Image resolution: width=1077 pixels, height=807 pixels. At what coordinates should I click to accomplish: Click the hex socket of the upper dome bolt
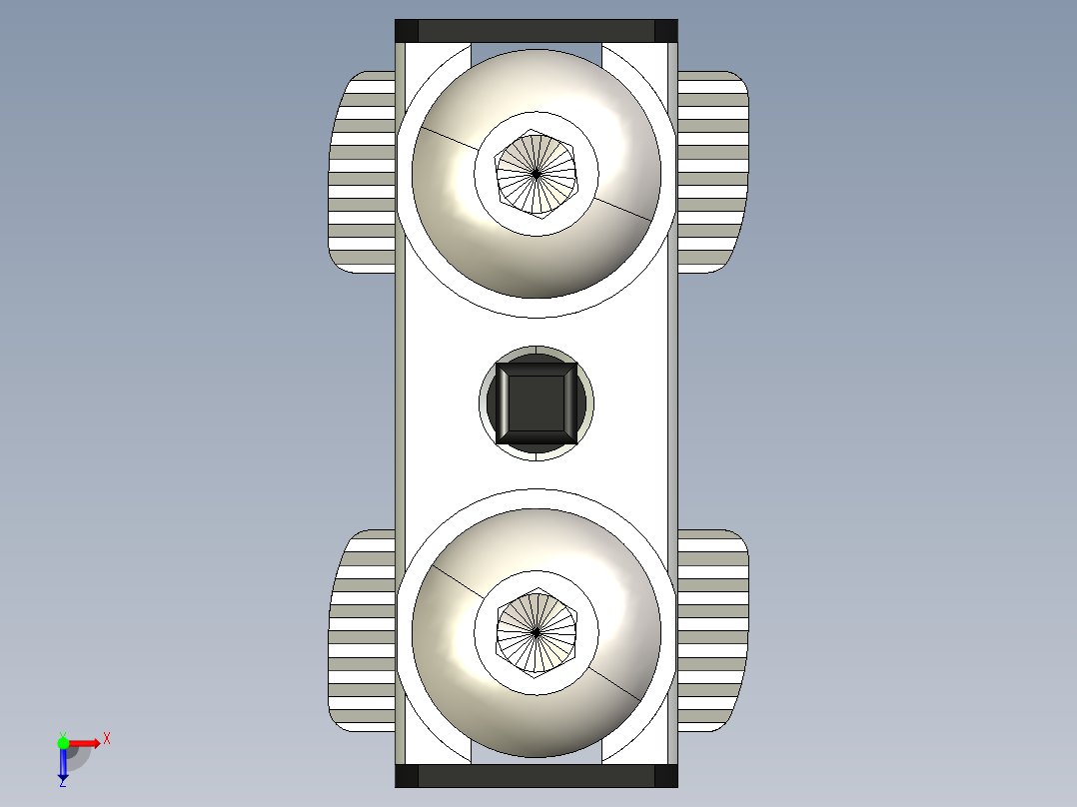tap(537, 173)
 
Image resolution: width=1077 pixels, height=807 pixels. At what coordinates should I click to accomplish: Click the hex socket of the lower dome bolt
tap(537, 631)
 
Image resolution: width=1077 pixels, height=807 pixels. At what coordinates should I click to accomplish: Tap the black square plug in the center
tap(537, 403)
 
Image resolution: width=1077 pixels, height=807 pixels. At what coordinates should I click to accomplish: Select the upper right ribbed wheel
tap(711, 171)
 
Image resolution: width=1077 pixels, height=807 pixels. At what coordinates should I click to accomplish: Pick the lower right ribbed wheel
tap(711, 630)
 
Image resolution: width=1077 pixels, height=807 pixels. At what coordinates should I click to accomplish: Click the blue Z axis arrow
tap(63, 763)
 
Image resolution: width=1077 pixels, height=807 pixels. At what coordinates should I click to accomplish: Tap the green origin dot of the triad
tap(63, 742)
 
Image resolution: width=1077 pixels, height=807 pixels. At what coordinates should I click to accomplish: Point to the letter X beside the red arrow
tap(107, 739)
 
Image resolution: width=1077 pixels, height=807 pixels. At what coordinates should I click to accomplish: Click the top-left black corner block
tap(407, 31)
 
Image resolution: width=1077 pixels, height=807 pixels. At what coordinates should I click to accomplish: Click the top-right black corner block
tap(666, 31)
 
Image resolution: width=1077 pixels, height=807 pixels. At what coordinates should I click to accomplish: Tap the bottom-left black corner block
tap(407, 776)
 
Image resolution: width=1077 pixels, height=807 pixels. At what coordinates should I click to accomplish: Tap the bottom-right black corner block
tap(666, 776)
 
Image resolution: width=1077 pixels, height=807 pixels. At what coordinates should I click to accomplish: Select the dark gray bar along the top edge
tap(537, 31)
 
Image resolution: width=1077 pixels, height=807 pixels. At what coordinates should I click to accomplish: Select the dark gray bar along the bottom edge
tap(537, 776)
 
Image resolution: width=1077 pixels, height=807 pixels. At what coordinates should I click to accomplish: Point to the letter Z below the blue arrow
tap(62, 783)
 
